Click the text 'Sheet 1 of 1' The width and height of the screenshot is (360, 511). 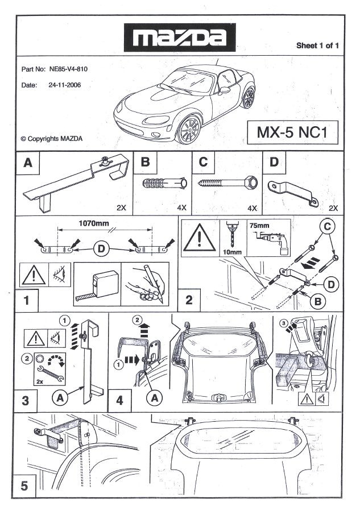point(317,45)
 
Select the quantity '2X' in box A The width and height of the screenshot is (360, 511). point(121,208)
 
